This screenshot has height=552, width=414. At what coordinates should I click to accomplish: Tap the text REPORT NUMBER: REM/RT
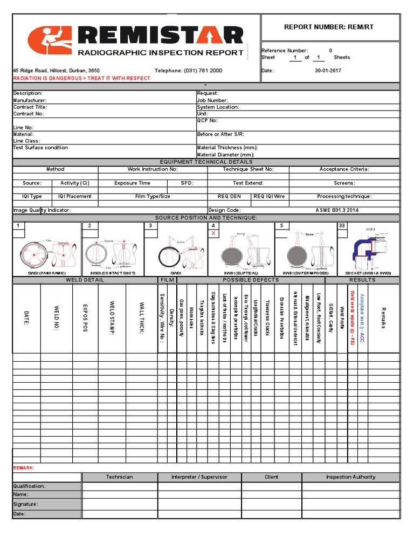tap(330, 27)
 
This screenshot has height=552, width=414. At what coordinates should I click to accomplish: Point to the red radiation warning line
tap(81, 78)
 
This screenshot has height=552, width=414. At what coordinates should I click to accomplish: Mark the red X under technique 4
tap(213, 233)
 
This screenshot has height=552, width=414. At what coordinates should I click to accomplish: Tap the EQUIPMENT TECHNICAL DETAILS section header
tap(206, 162)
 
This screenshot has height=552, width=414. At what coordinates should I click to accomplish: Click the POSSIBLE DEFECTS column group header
tap(251, 280)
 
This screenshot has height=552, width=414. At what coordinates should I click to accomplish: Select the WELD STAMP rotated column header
tap(112, 318)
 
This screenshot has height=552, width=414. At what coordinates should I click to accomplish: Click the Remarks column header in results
tap(384, 318)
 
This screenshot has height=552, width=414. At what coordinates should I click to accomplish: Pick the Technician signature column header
tap(119, 477)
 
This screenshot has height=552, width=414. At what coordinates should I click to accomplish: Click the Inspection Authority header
tap(351, 477)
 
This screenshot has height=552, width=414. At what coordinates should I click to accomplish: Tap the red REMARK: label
tap(24, 468)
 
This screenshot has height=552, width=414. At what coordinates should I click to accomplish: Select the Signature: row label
tap(25, 505)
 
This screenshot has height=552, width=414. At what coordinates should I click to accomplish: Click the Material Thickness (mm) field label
tap(227, 148)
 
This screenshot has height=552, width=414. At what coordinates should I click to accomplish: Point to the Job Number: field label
tap(212, 100)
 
